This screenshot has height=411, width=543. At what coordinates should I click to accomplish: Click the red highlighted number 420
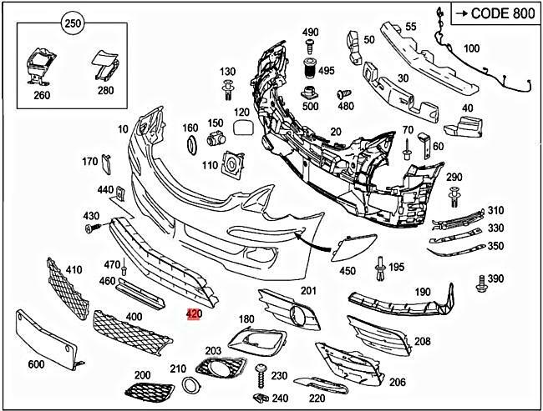click(194, 315)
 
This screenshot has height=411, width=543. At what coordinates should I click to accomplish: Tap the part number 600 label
click(36, 364)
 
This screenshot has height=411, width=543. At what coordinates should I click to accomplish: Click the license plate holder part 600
click(45, 337)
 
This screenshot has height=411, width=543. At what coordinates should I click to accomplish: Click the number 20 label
click(335, 131)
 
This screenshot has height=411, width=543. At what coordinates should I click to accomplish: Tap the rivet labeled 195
click(380, 266)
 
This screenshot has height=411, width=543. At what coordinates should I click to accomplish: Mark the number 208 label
click(422, 341)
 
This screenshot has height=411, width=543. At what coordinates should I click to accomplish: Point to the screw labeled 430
click(96, 228)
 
